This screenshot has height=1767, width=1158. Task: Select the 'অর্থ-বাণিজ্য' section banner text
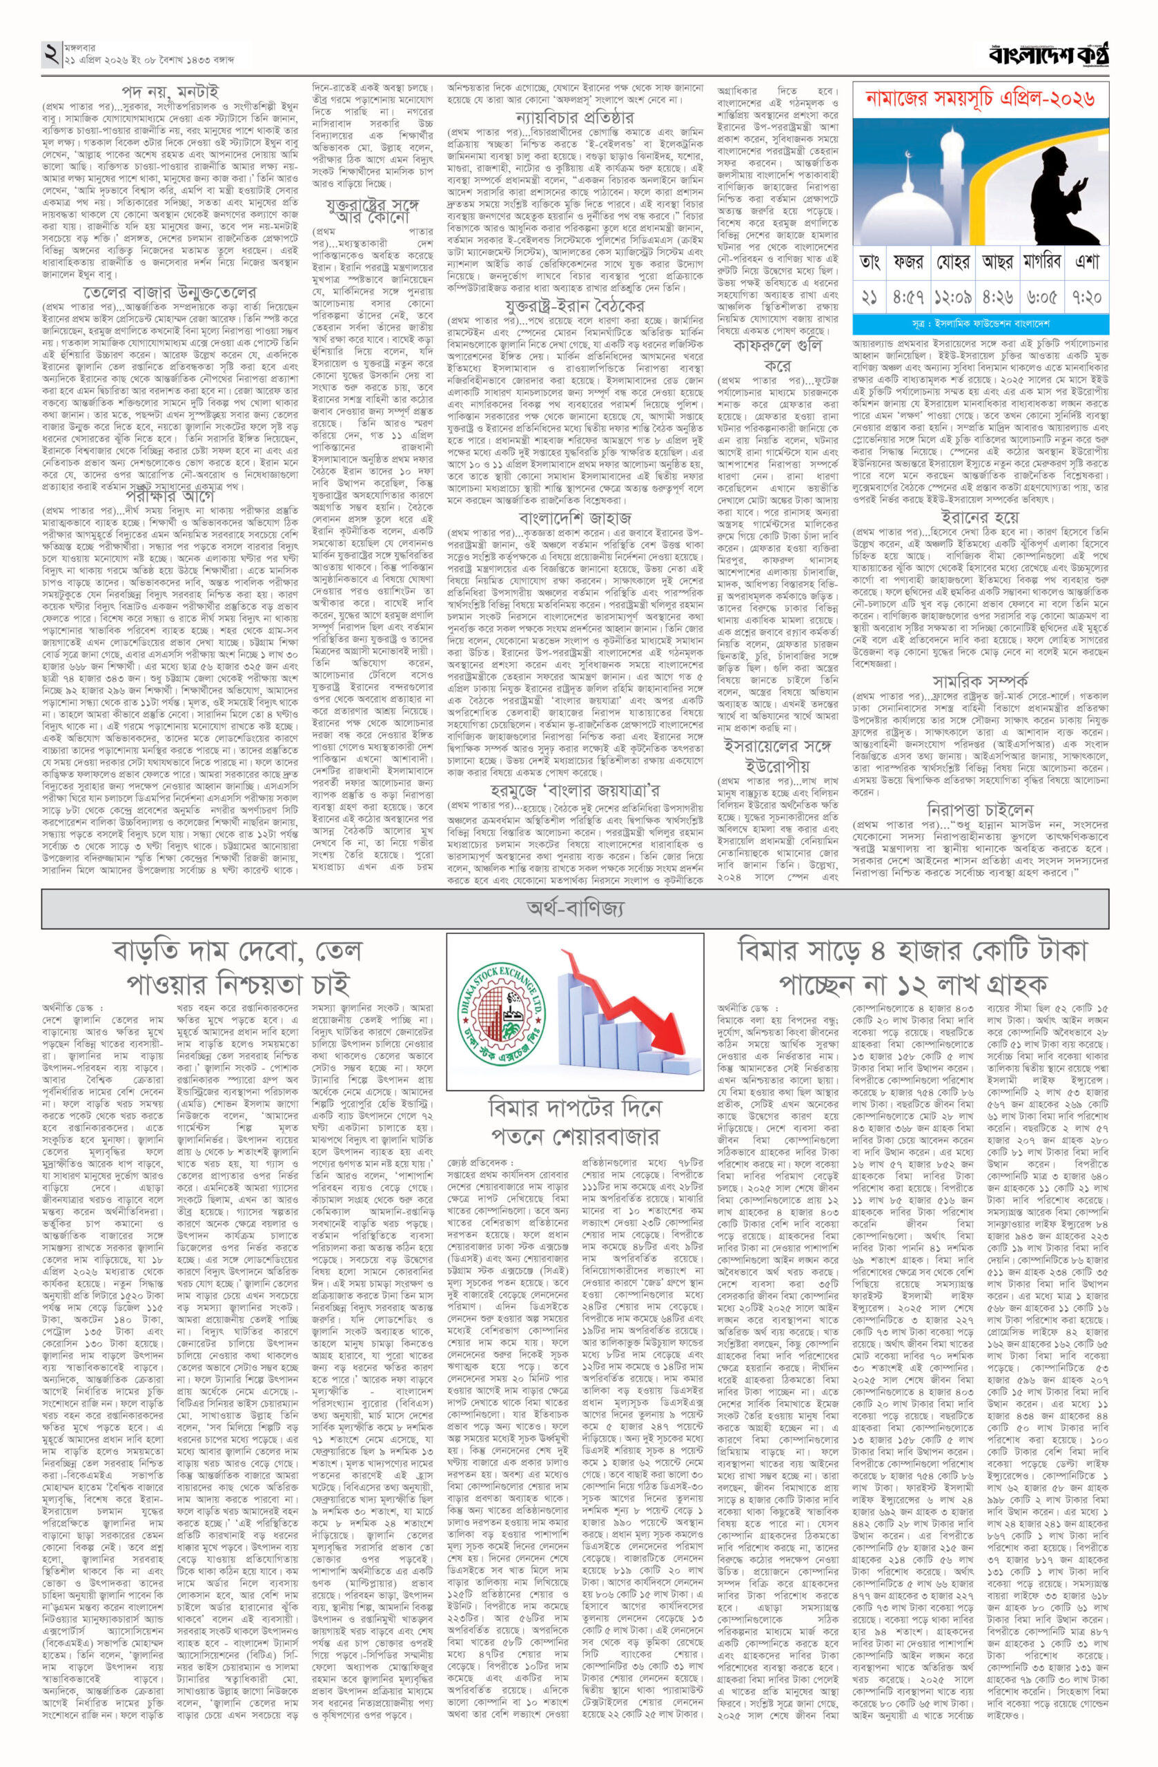pyautogui.click(x=575, y=907)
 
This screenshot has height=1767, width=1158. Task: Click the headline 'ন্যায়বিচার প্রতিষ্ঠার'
pyautogui.click(x=575, y=117)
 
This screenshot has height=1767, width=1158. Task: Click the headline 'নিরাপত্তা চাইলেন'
pyautogui.click(x=981, y=809)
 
